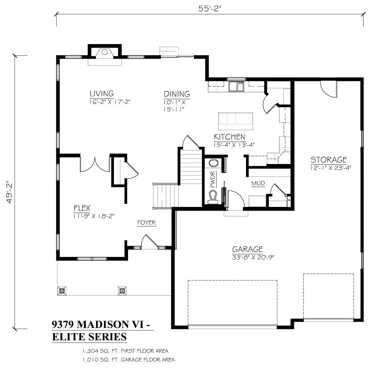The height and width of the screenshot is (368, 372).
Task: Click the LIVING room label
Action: point(102,94)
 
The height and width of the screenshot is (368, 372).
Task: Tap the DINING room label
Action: point(177,94)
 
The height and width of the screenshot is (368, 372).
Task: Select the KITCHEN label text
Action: point(230,137)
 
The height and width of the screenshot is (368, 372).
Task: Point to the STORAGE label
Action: point(329,160)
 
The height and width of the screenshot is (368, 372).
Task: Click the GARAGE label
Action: point(248,249)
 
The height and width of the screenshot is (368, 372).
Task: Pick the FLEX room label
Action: point(82,208)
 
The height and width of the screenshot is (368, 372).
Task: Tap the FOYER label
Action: point(147,223)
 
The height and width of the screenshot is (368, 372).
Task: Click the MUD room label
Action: point(258,183)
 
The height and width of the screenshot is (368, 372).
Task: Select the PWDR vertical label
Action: point(212,179)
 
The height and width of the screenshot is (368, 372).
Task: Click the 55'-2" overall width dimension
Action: point(209,9)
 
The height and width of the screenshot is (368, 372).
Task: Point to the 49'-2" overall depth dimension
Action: point(9,192)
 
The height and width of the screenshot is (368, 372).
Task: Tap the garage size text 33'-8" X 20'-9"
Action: point(253,257)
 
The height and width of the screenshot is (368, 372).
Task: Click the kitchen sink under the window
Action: point(236,86)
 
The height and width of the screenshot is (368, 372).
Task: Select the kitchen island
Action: point(236,121)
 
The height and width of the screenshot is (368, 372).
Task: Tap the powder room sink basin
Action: point(213,163)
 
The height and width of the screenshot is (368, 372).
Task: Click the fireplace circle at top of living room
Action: point(105,52)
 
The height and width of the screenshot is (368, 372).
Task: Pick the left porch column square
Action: point(62,291)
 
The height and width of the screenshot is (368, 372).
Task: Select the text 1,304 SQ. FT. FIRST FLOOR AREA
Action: point(125,351)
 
